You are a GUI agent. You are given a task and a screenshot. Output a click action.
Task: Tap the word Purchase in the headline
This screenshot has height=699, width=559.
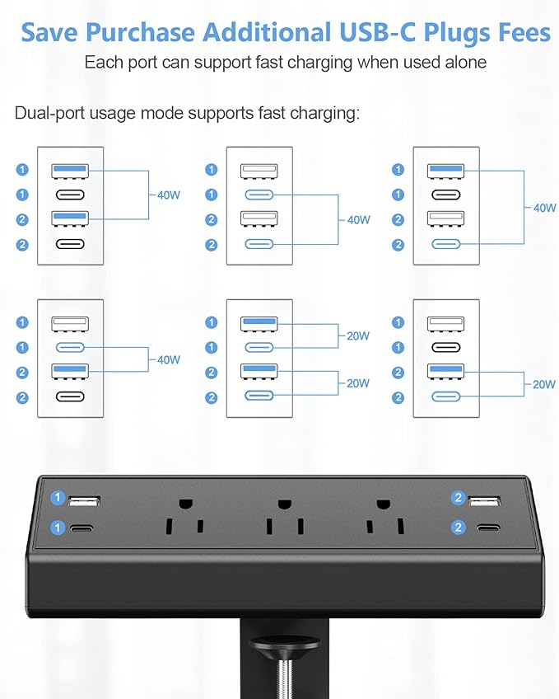tap(140, 32)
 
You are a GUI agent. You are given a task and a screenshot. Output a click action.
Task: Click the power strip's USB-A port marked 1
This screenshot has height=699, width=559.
tap(84, 500)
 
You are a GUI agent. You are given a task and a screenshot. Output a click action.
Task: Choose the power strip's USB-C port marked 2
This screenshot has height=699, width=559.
tap(485, 528)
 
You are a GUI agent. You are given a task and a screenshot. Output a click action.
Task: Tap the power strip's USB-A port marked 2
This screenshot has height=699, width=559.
tap(485, 500)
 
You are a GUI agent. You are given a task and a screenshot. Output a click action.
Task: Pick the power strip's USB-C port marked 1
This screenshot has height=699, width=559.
tap(84, 528)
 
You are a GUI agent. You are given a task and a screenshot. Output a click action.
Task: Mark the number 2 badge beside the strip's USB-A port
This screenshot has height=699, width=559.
tap(458, 498)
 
